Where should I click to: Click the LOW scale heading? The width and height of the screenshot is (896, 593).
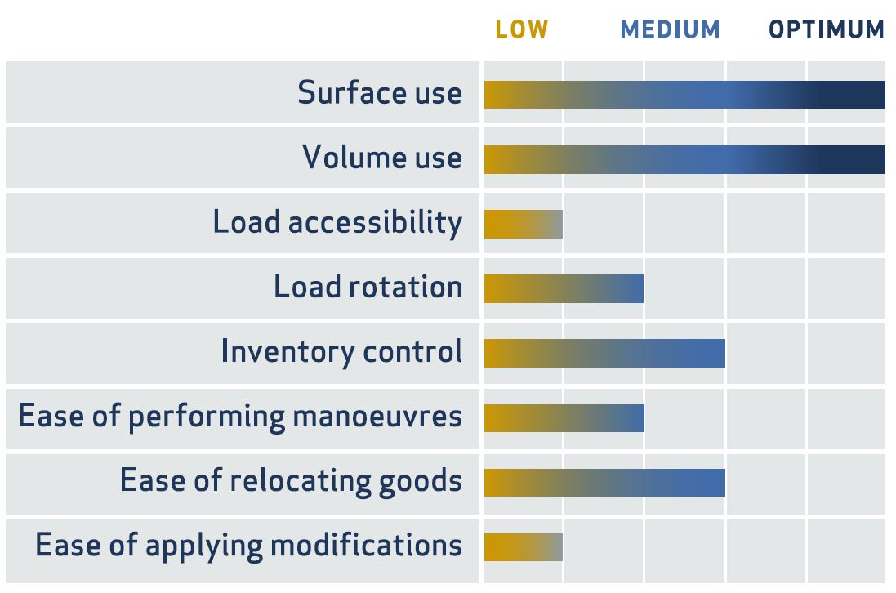click(522, 29)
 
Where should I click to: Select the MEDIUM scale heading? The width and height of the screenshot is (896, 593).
click(671, 29)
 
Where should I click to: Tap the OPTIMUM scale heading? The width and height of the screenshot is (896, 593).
click(827, 29)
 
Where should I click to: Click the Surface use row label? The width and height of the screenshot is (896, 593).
click(380, 92)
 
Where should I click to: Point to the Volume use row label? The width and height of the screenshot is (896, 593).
click(382, 157)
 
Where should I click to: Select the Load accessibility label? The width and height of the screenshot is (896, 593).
click(337, 222)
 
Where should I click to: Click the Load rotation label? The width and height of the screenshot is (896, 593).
click(368, 286)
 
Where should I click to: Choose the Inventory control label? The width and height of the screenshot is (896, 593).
click(341, 351)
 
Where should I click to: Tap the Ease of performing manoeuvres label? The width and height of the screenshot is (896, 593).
click(241, 417)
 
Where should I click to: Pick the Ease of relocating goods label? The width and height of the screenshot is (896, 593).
click(291, 481)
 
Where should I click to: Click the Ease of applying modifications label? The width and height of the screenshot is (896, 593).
click(248, 546)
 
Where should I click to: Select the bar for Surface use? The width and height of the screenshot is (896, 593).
click(684, 95)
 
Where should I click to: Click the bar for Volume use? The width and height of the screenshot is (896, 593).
click(684, 159)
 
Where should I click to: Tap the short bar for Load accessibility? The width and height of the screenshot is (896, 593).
click(524, 224)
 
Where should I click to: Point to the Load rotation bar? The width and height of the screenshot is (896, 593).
click(564, 288)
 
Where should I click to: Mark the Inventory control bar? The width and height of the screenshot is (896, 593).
click(604, 353)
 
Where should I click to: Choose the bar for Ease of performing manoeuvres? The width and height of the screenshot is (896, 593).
click(564, 418)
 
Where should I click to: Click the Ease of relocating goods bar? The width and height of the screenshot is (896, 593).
click(604, 483)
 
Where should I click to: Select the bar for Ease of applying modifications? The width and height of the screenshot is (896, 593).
click(524, 547)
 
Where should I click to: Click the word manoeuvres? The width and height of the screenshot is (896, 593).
click(377, 417)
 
